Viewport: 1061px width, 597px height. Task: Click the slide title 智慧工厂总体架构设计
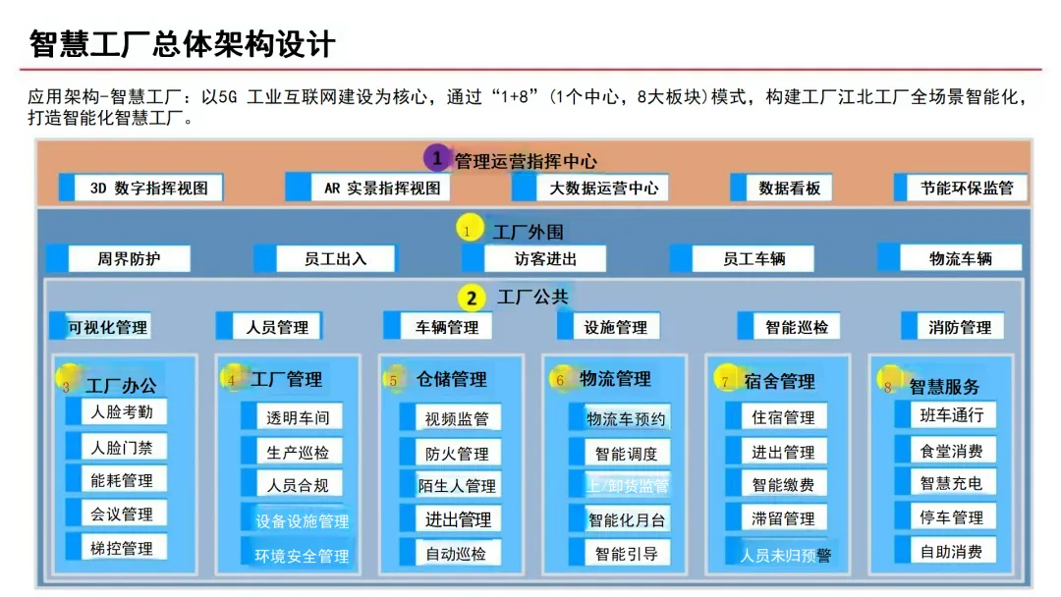(183, 43)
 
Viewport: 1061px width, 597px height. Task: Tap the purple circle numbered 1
(436, 157)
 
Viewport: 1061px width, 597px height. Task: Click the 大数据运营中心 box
(594, 188)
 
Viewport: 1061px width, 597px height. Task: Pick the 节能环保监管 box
(959, 188)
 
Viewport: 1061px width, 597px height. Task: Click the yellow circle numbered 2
(472, 298)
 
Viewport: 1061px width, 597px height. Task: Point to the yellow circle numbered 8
(887, 386)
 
